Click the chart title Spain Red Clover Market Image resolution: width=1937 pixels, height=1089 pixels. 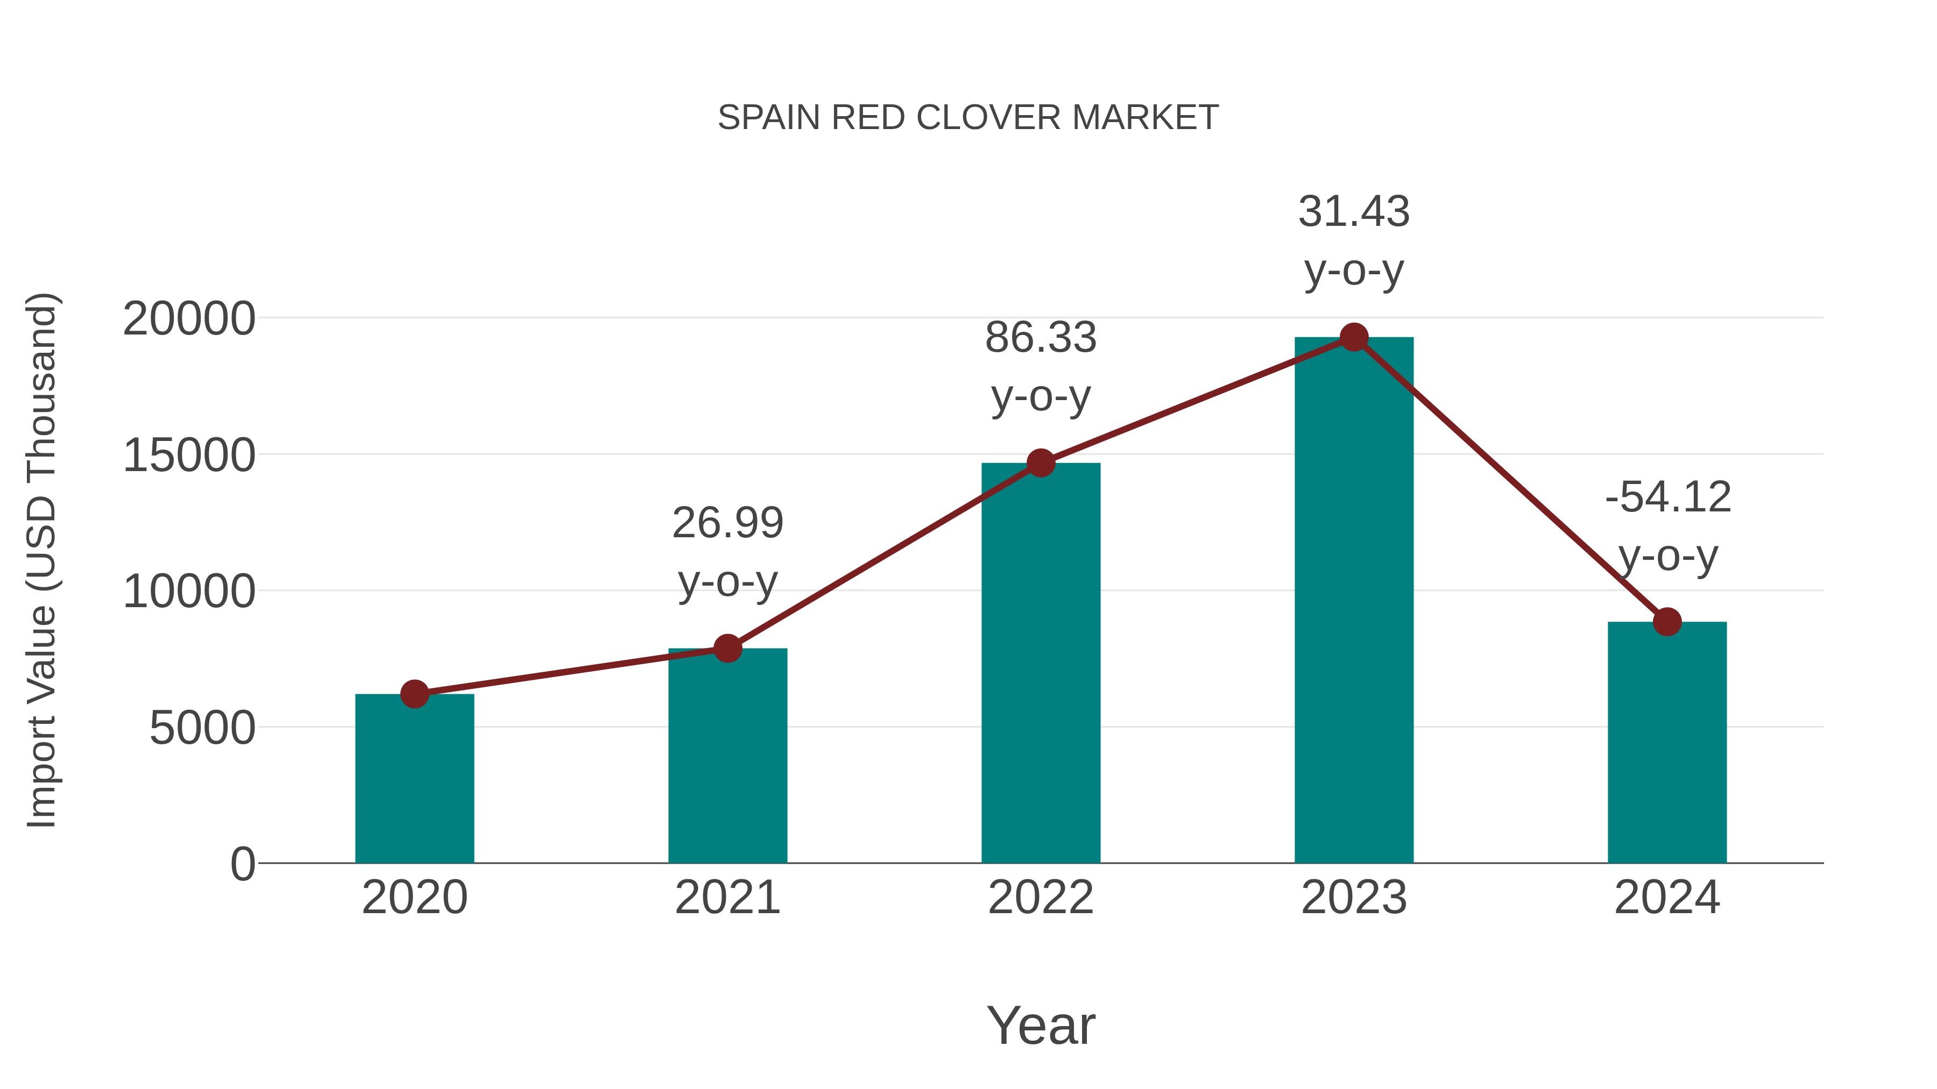tap(968, 118)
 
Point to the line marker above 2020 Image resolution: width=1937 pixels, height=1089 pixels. tap(414, 694)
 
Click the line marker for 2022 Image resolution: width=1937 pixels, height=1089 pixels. tap(1041, 463)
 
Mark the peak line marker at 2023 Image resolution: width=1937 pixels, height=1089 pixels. tap(1354, 337)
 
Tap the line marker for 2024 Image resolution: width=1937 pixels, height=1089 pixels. tap(1667, 622)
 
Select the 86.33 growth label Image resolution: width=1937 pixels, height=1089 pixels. tap(1041, 366)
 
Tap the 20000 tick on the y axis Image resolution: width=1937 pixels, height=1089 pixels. tap(189, 319)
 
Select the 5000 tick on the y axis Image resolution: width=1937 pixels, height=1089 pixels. tap(202, 728)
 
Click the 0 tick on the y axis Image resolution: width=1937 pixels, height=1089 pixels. tap(242, 864)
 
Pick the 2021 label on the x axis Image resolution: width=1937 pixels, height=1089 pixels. tap(727, 898)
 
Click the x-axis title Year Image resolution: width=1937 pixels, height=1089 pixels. tap(1041, 1025)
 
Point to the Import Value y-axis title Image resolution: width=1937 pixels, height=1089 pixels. tap(41, 560)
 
